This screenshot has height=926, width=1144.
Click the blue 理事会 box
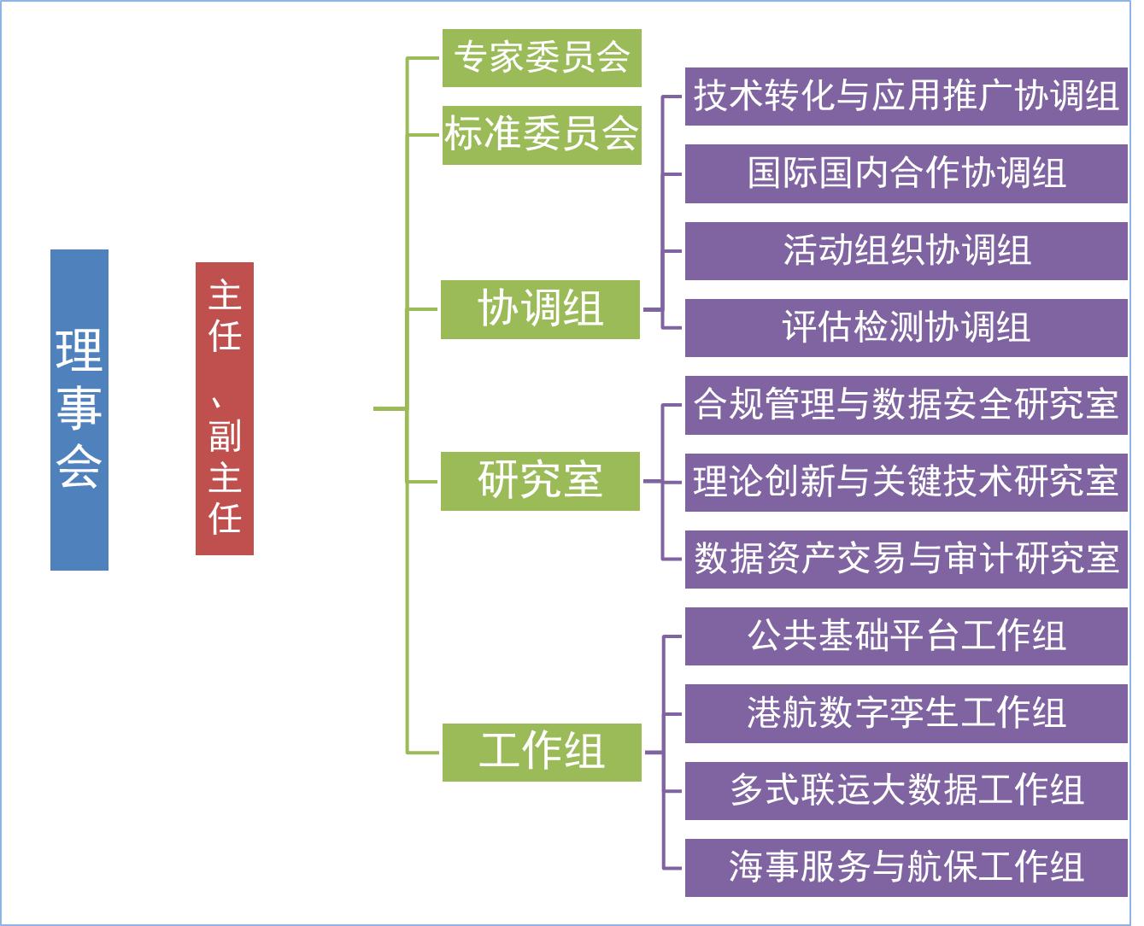coord(79,410)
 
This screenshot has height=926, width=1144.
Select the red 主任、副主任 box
coord(225,408)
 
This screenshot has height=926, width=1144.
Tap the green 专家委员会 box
coord(542,58)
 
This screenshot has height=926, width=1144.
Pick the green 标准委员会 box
coord(542,135)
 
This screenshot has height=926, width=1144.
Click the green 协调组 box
coord(540,309)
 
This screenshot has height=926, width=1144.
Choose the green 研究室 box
coord(540,482)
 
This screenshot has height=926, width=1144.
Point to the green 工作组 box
coord(542,753)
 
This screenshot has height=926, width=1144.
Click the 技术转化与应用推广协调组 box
coord(906,96)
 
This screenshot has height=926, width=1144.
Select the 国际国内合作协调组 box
coord(906,173)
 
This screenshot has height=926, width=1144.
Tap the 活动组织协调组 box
coord(906,251)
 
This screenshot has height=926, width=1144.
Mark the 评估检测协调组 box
coord(906,328)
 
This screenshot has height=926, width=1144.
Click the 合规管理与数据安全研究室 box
coord(906,405)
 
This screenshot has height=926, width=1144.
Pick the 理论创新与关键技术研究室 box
coord(906,482)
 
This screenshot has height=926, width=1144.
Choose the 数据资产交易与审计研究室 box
coord(906,560)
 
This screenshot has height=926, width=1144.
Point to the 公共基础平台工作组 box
coord(906,636)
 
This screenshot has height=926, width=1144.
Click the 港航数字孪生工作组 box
coord(906,713)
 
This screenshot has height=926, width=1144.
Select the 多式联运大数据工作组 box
coord(906,790)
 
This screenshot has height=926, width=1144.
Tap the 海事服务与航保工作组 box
coord(906,868)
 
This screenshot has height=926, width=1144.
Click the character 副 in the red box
coord(225,437)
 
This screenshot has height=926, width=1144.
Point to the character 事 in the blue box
coord(79,408)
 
